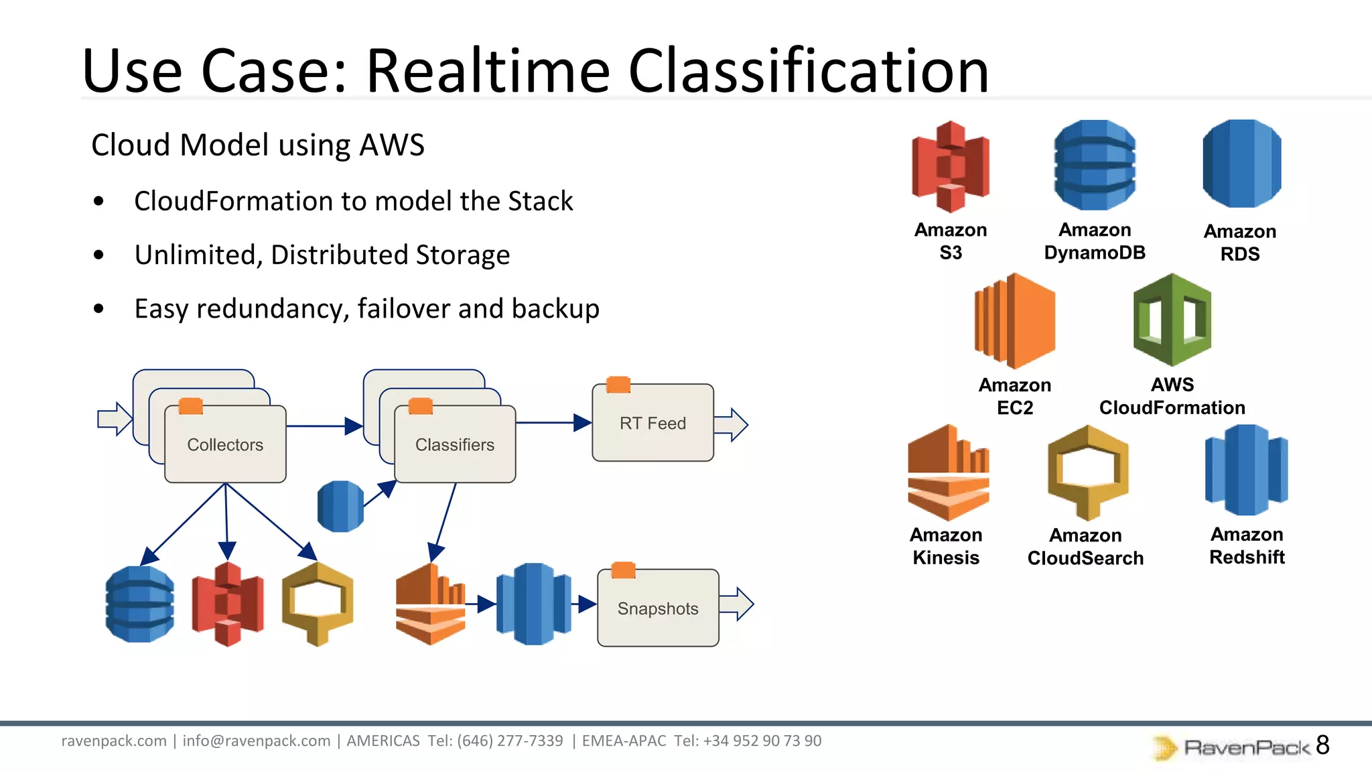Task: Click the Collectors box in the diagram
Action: click(225, 444)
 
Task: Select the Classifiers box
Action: click(455, 444)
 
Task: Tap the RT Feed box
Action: click(653, 423)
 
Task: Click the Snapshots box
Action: click(658, 608)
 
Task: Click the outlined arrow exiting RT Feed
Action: click(732, 424)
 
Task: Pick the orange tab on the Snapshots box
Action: click(623, 570)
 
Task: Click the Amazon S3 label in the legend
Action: click(950, 241)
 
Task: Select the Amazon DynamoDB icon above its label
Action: click(1095, 165)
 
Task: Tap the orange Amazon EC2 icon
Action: click(1015, 320)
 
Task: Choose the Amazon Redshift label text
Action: click(1247, 545)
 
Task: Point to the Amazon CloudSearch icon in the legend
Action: click(1088, 472)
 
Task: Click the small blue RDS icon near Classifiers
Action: click(340, 506)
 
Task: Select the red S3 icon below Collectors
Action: click(227, 604)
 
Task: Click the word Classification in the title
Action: click(808, 71)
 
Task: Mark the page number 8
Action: click(1322, 745)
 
